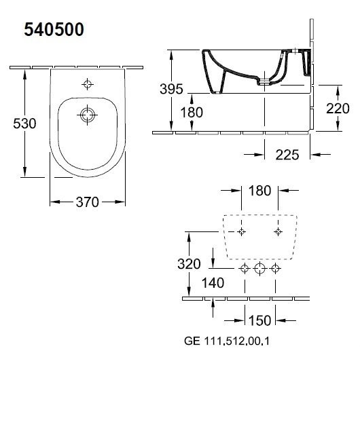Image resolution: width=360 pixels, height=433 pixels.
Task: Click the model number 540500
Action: coord(54,30)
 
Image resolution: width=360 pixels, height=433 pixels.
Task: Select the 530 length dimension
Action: coord(24,124)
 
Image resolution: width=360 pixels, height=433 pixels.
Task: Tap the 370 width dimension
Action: coord(88,202)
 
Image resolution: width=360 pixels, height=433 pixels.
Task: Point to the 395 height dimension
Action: coord(171,89)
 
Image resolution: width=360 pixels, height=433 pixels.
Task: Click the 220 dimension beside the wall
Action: coord(338,109)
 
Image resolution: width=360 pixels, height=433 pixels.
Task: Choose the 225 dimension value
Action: coord(287,155)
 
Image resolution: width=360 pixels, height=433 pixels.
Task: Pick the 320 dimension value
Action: coord(189,264)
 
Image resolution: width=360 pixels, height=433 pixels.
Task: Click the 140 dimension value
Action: coord(213,283)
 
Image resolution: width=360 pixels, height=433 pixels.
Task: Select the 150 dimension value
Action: coord(259,320)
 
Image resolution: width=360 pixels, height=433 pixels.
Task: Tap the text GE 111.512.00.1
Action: coord(227,341)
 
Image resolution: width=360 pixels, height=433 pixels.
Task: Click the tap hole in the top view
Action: coord(88,84)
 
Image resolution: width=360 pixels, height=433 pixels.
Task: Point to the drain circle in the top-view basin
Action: coord(88,115)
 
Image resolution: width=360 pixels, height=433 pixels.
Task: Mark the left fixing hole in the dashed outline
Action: coord(242,231)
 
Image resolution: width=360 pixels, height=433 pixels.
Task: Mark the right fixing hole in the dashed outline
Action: coord(278,231)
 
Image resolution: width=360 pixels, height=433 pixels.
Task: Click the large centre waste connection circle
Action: coord(259,268)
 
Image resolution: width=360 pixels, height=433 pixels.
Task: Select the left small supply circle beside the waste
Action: coord(245,268)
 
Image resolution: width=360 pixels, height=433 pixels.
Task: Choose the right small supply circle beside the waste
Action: coord(275,268)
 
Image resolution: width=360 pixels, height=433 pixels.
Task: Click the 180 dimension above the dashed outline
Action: coord(259,191)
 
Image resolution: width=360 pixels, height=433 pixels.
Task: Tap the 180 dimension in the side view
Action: coord(192,113)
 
